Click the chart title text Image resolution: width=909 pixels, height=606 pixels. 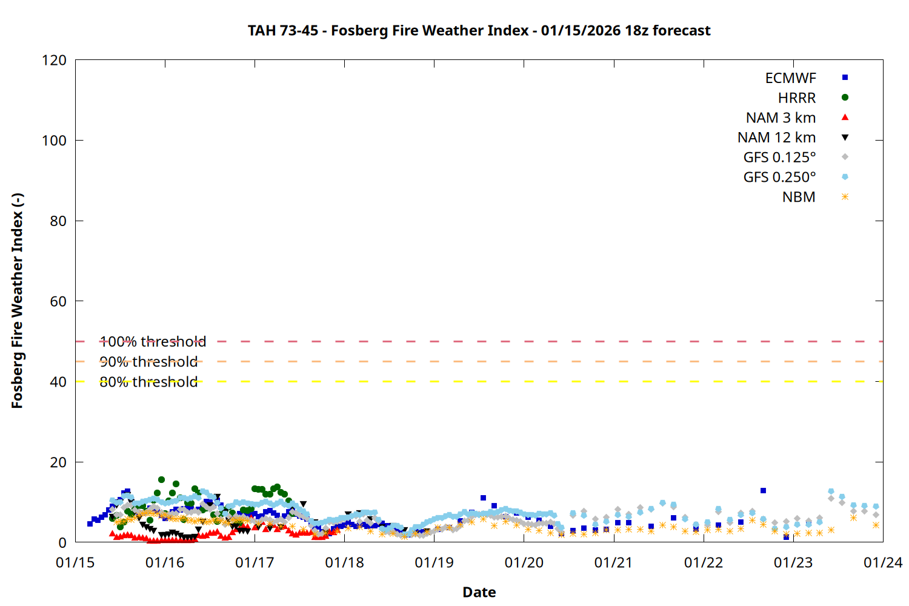[x=479, y=30]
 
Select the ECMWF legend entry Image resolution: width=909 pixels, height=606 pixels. [x=790, y=78]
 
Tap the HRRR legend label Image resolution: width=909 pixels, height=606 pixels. [x=796, y=98]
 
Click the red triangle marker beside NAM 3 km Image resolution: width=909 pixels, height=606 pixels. [x=845, y=118]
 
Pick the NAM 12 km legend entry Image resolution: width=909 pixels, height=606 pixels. [x=776, y=138]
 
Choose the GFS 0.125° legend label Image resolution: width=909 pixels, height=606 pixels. [x=779, y=158]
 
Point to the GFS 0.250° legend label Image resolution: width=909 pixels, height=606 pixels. [x=779, y=178]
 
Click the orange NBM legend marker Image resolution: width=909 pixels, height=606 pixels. [x=845, y=197]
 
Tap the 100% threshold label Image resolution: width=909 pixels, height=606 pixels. [x=153, y=342]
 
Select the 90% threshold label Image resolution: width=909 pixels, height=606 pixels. [x=148, y=362]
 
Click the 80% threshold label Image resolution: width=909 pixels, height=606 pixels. [x=148, y=382]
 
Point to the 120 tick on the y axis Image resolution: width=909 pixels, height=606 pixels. [x=54, y=60]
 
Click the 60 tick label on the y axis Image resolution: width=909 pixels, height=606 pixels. [x=58, y=301]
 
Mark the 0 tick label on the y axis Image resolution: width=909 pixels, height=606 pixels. [x=62, y=542]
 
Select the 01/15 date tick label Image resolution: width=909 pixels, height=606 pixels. [x=75, y=563]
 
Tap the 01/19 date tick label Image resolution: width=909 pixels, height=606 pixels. [x=434, y=563]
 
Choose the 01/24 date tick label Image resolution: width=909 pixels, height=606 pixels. [x=882, y=563]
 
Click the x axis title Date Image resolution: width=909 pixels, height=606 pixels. [x=479, y=592]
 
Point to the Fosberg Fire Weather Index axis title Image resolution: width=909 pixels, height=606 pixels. [x=17, y=301]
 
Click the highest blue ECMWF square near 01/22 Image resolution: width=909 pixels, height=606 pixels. [x=763, y=491]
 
